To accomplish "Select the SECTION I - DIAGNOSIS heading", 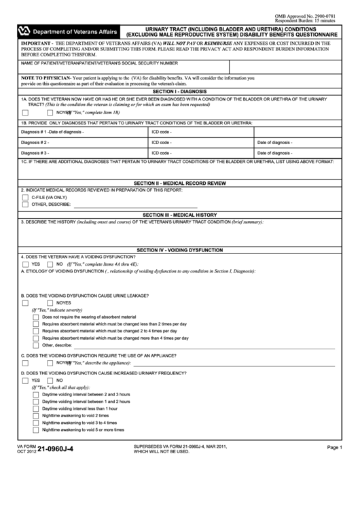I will (180, 90).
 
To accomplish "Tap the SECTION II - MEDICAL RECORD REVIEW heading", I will (179, 183).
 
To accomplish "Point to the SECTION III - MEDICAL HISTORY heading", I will (179, 215).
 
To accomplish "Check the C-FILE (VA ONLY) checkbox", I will (25, 196).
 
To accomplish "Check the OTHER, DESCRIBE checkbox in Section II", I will (25, 204).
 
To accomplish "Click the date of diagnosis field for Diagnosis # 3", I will (306, 154).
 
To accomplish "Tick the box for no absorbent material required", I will (36, 317).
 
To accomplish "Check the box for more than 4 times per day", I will (36, 338).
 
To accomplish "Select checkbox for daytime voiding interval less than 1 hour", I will (36, 408).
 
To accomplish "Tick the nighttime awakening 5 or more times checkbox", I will (36, 429).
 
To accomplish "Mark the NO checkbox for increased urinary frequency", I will (50, 381).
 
